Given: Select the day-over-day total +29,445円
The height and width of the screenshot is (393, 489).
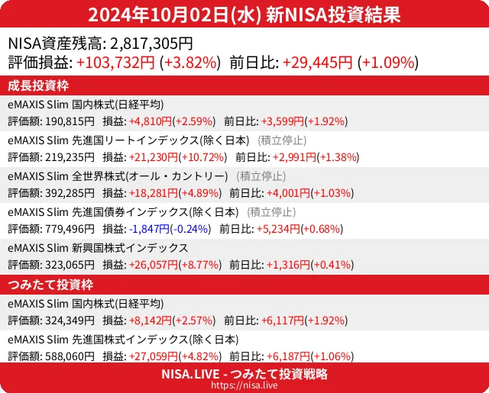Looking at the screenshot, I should tap(317, 63).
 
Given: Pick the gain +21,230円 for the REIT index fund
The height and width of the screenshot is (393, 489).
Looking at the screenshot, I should tap(153, 157).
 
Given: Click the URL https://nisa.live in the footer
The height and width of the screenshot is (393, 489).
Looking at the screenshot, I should tap(244, 386).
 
